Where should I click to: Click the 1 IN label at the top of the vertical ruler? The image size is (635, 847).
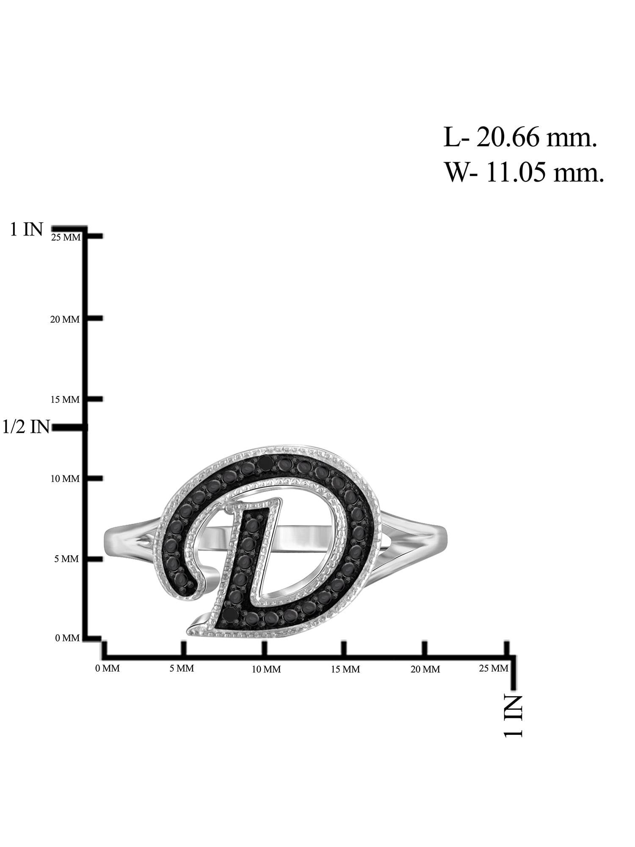(x=26, y=230)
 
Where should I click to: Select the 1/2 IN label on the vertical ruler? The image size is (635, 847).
(x=26, y=427)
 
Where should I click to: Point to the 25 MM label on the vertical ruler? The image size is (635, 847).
(x=66, y=238)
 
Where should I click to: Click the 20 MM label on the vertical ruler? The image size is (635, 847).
(x=65, y=319)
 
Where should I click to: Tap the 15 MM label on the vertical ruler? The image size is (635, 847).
(x=65, y=399)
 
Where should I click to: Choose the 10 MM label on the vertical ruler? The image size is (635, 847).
(x=65, y=479)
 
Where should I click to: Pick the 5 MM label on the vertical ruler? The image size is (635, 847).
(x=66, y=559)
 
